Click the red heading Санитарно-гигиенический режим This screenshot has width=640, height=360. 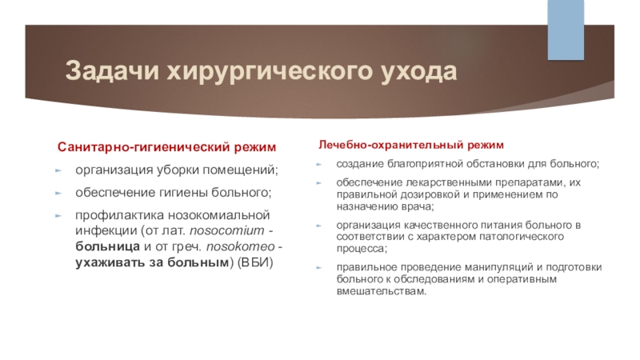tap(166, 148)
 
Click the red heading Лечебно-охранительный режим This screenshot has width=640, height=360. tap(411, 145)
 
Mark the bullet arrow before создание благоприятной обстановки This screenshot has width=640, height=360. tap(318, 164)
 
